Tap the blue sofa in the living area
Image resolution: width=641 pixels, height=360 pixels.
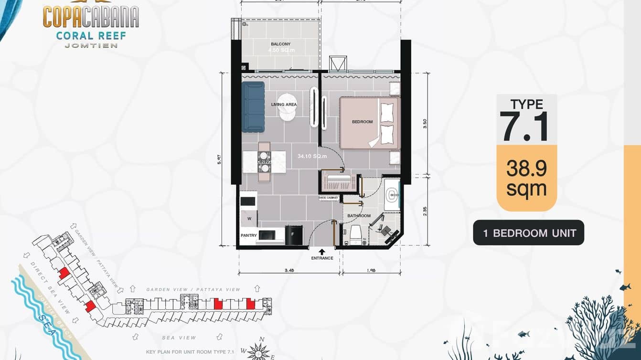[253, 107]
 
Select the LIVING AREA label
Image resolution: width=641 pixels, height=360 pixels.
[284, 105]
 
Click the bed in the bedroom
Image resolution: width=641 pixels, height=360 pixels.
[369, 123]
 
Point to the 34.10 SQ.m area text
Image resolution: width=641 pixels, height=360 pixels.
[312, 156]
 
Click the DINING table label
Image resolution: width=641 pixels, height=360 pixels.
[264, 162]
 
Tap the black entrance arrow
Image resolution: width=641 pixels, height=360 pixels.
[322, 251]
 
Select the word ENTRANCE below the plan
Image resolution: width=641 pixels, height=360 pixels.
[322, 258]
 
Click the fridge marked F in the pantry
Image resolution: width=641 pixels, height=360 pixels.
[293, 235]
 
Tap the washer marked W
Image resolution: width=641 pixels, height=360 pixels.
[249, 219]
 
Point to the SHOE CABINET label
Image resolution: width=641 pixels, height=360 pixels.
[328, 198]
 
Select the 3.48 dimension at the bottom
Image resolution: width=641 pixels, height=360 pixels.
[289, 270]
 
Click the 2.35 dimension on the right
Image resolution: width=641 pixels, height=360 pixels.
[425, 212]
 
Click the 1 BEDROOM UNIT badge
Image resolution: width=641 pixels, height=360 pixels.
[529, 233]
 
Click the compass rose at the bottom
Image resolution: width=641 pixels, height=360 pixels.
[258, 352]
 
